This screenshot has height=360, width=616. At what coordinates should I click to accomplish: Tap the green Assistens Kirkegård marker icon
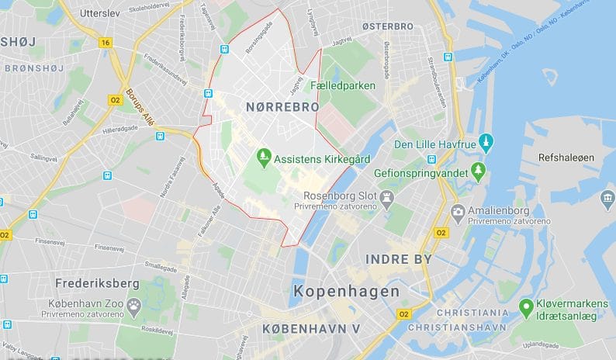[x=264, y=157]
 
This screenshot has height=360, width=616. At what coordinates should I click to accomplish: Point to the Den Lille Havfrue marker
[x=486, y=143]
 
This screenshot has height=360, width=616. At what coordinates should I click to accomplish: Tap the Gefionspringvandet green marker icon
[x=478, y=171]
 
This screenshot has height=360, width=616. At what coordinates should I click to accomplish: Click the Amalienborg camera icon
[x=458, y=211]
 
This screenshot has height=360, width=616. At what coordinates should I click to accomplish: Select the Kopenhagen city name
[x=348, y=292]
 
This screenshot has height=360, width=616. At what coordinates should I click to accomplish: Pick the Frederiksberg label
[x=97, y=282]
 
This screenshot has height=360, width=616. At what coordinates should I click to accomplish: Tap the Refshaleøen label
[x=566, y=157]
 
